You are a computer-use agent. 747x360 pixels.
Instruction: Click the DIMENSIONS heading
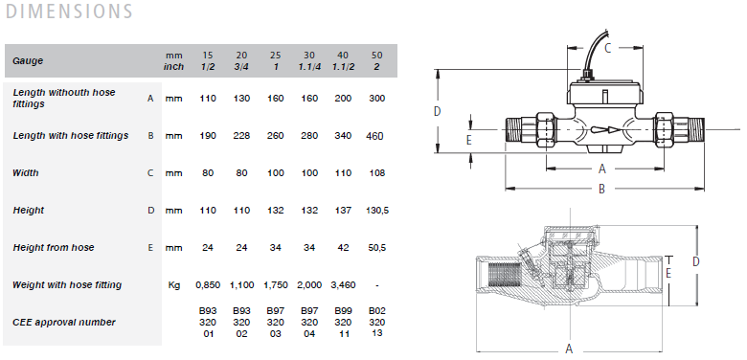69,11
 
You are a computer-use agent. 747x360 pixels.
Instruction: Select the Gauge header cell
28,61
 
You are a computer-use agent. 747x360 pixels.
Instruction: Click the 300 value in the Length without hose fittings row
376,99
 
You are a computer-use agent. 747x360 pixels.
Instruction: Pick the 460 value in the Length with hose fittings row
374,136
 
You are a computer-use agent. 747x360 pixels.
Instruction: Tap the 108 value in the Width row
376,173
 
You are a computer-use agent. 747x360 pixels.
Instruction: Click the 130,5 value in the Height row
376,210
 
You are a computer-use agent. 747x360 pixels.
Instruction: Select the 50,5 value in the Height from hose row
376,248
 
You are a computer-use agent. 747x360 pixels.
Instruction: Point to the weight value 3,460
343,285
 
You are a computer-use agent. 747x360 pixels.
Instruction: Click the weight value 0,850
208,285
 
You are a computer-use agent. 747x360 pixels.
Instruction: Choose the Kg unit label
174,285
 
